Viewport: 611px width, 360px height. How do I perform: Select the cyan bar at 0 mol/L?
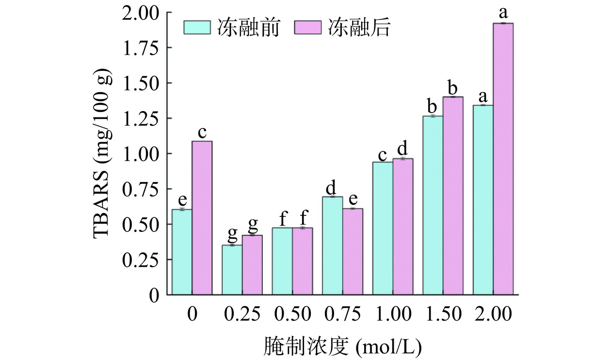tap(182, 252)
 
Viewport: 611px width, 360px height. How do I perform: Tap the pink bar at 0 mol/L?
tap(202, 218)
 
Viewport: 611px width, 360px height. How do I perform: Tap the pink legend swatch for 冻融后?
tap(308, 28)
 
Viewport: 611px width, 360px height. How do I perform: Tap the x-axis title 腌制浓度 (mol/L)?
tap(342, 345)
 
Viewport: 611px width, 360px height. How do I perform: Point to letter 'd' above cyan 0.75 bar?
tap(332, 187)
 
